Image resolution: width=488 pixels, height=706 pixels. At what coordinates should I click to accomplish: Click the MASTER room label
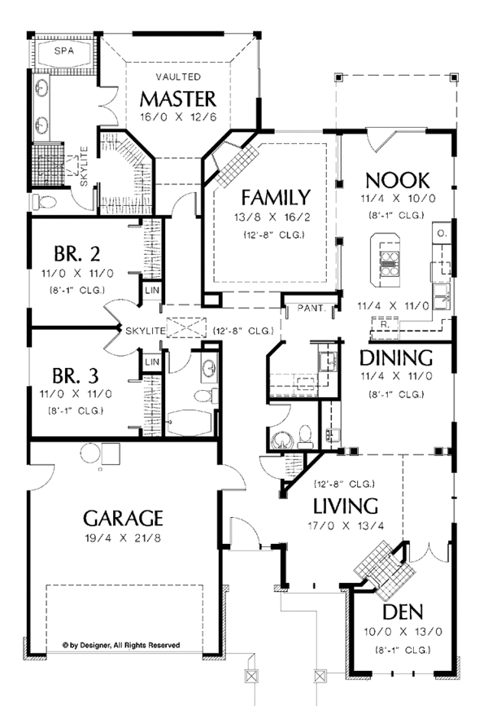tap(178, 99)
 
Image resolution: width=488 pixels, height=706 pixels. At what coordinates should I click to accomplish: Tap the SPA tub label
tap(64, 50)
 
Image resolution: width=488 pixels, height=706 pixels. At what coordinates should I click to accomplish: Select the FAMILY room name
tap(276, 198)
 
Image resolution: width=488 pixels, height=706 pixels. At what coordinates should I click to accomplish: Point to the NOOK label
tap(398, 181)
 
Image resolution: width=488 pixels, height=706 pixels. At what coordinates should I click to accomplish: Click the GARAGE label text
tap(123, 518)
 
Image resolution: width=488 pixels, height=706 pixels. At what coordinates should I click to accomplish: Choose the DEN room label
tap(403, 612)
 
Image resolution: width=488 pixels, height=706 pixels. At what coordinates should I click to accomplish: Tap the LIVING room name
tap(346, 506)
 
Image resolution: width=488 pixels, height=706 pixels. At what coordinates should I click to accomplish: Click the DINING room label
tap(396, 357)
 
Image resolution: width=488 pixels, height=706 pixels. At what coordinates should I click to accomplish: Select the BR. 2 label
tap(77, 254)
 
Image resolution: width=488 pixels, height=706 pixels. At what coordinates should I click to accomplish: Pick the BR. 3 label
tap(76, 375)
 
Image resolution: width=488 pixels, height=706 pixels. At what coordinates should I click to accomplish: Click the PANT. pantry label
tap(312, 309)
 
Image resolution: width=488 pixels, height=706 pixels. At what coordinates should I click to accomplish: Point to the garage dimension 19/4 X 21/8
tap(122, 537)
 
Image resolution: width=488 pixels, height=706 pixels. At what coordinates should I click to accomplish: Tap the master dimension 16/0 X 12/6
tap(178, 117)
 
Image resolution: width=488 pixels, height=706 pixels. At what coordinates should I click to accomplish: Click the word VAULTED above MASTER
tap(178, 77)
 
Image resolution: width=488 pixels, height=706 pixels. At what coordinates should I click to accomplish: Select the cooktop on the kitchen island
tap(390, 263)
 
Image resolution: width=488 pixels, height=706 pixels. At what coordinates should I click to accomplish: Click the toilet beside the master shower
tap(45, 202)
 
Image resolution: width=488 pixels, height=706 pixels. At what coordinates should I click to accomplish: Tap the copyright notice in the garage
tap(121, 645)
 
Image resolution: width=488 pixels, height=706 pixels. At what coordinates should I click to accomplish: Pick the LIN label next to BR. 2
tap(152, 291)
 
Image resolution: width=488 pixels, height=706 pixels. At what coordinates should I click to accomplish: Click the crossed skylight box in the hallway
tap(186, 327)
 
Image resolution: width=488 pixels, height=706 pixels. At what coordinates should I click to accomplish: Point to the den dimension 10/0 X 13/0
tap(403, 631)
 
